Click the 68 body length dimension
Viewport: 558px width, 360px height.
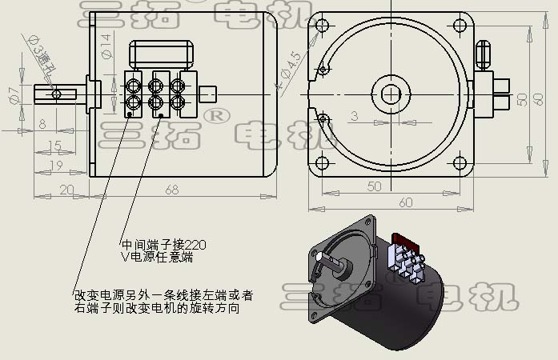[x=172, y=190]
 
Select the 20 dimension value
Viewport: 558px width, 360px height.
[x=66, y=190]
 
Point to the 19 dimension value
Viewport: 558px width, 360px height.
[x=56, y=165]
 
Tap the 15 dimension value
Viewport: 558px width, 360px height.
[x=54, y=145]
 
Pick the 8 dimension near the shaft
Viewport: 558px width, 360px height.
[x=42, y=124]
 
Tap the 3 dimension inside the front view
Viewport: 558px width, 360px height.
[x=354, y=116]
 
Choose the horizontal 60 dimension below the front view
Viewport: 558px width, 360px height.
[x=406, y=202]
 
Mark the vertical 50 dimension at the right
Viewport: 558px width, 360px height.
[x=521, y=98]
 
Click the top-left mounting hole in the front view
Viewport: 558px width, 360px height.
[x=323, y=25]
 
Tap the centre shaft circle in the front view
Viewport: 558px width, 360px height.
[x=391, y=94]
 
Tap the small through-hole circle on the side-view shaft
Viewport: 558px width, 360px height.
[x=56, y=94]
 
